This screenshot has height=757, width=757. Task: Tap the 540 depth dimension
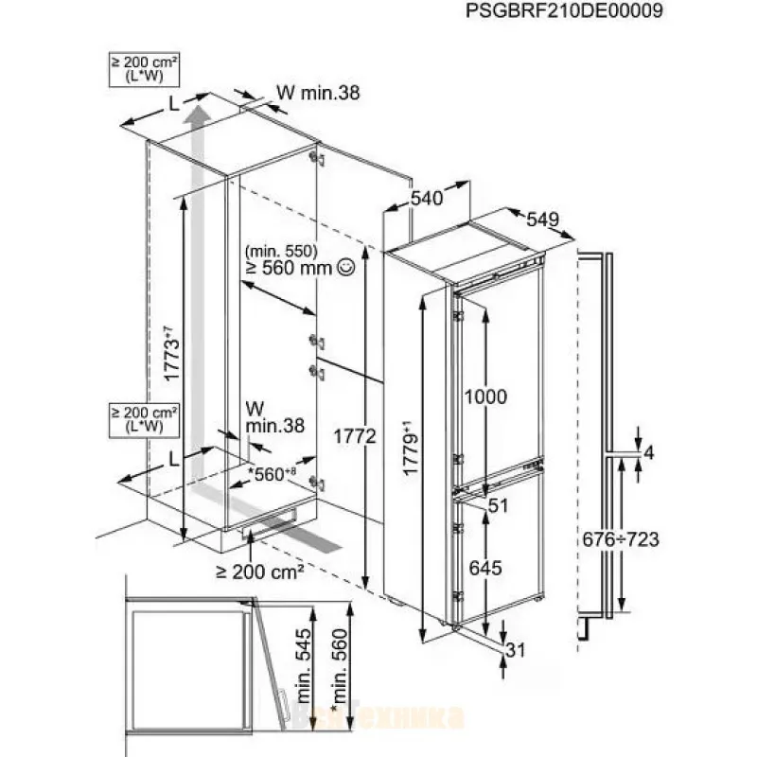tap(428, 199)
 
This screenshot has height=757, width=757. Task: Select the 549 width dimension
tap(542, 220)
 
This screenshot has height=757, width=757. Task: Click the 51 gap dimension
tap(501, 507)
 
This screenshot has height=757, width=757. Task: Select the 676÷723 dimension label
tap(618, 539)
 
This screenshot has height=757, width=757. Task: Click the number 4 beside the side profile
tap(647, 454)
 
